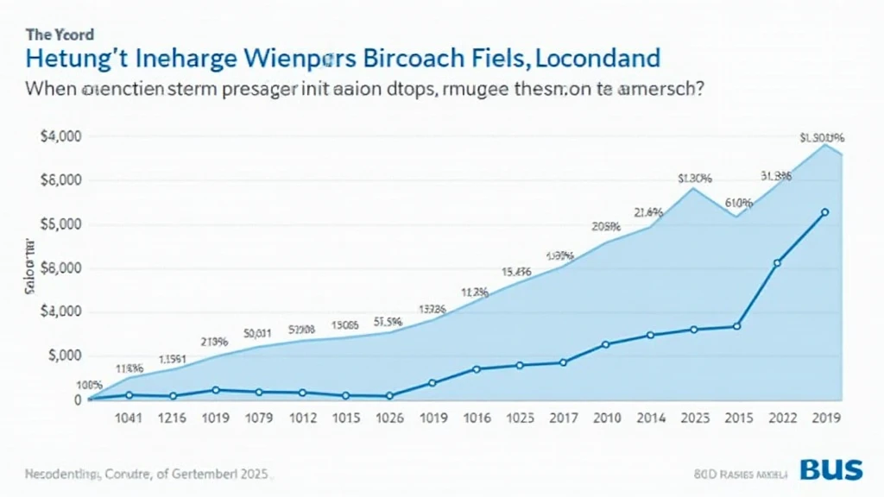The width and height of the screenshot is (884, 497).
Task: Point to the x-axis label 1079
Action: (258, 420)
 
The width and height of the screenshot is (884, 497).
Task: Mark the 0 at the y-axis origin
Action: (77, 400)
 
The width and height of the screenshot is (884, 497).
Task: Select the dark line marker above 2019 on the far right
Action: (824, 212)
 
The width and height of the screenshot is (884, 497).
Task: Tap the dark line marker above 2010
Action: (605, 344)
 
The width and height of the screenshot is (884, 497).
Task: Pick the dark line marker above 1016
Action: (476, 369)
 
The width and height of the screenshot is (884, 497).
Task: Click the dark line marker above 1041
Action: (129, 395)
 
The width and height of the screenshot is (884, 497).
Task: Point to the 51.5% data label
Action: (389, 321)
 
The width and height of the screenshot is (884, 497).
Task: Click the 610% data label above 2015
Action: (739, 204)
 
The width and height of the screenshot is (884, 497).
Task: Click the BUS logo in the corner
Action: (830, 469)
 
